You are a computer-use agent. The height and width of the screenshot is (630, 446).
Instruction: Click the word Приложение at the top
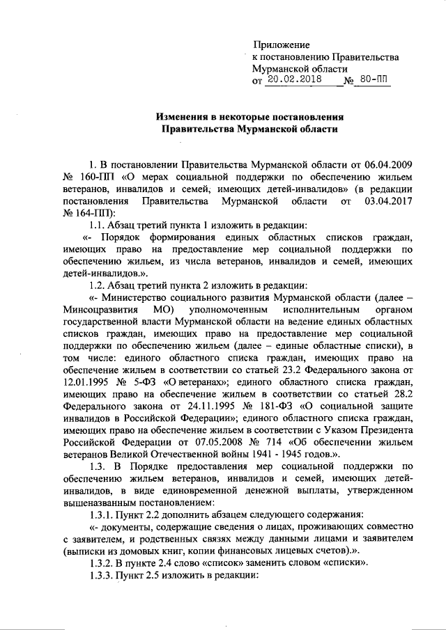coord(281,45)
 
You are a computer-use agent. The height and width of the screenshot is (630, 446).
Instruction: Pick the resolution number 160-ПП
coord(99,178)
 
